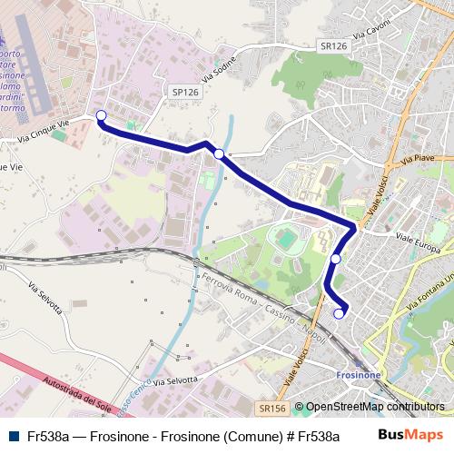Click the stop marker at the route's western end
pyautogui.click(x=101, y=115)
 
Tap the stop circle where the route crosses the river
pyautogui.click(x=219, y=154)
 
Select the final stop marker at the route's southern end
pyautogui.click(x=340, y=314)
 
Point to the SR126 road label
pyautogui.click(x=333, y=44)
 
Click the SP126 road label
pyautogui.click(x=184, y=92)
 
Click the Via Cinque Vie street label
pyautogui.click(x=44, y=132)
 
